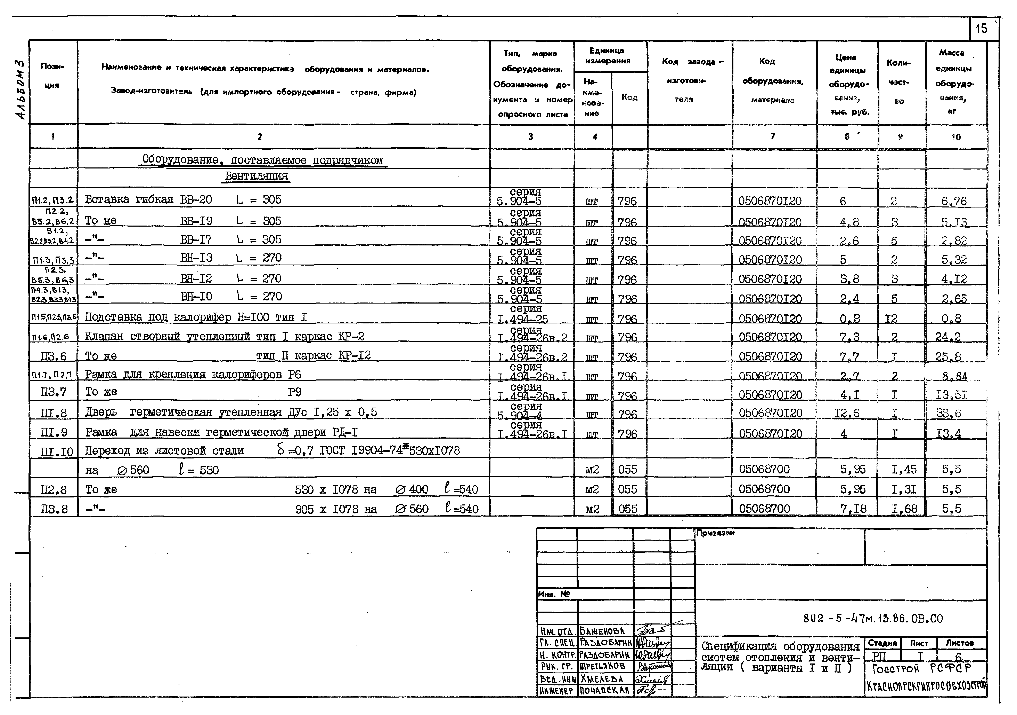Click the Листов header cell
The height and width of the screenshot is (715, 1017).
959,643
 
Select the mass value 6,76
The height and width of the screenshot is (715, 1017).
954,201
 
